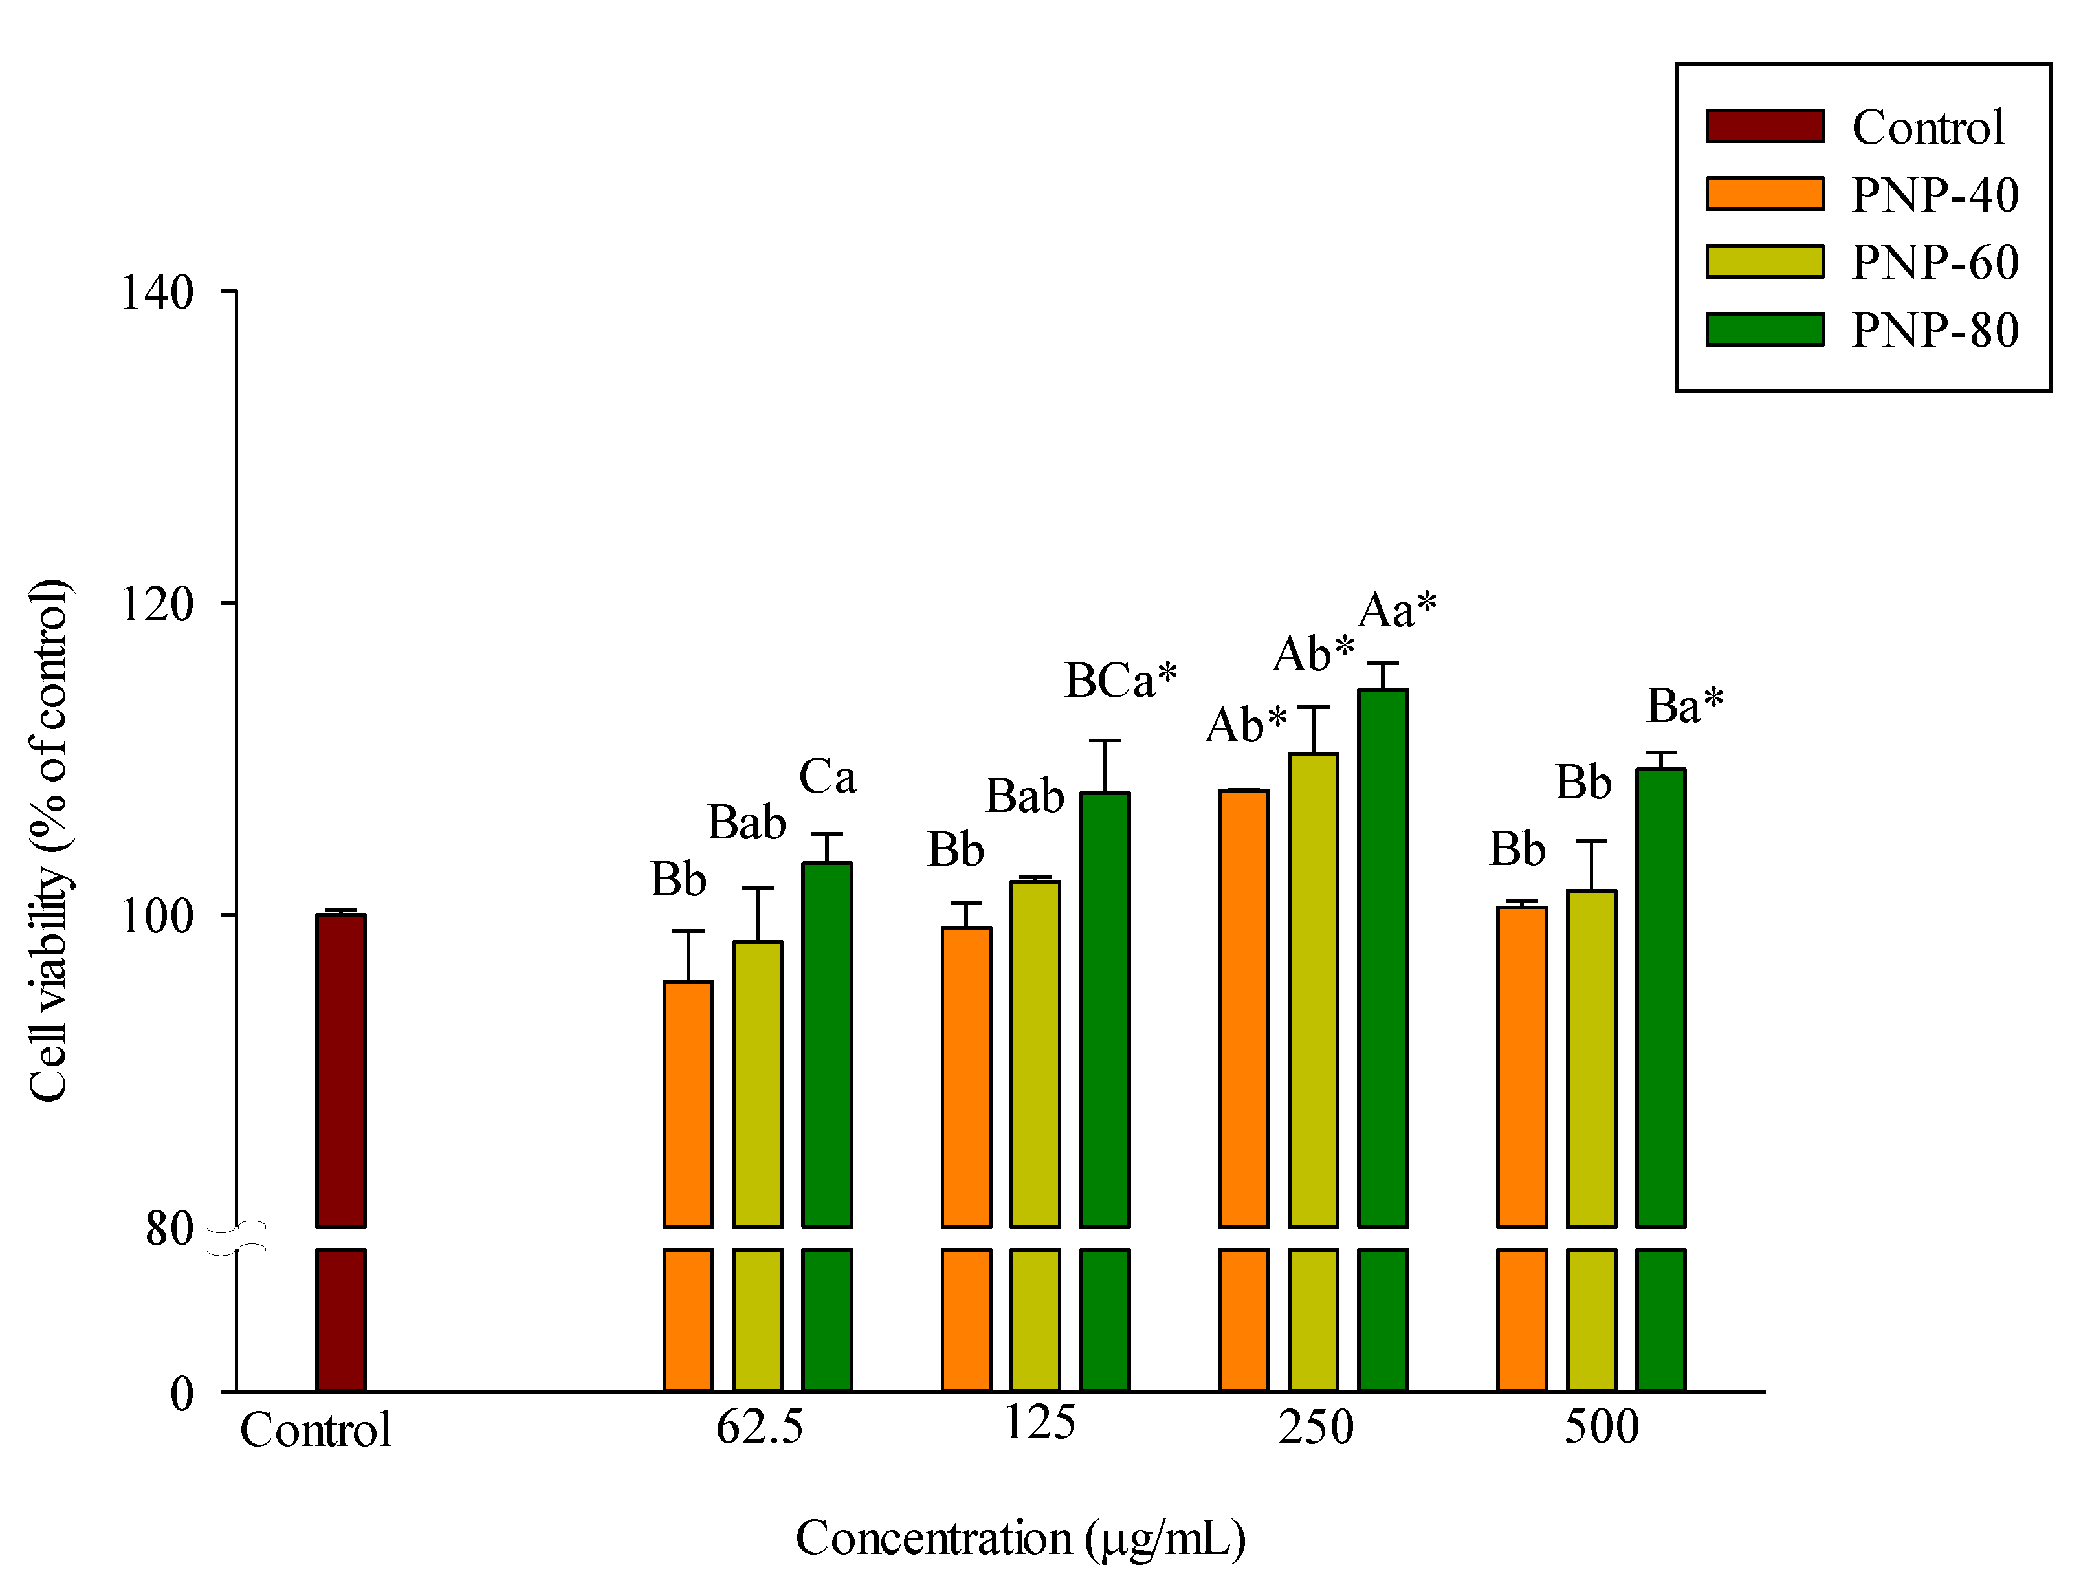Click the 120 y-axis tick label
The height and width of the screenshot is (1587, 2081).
click(x=157, y=604)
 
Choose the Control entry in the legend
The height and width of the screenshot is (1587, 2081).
click(x=1927, y=127)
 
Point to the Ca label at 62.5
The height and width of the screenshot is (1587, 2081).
click(x=828, y=778)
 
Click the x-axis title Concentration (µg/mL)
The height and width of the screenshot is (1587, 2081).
click(x=1020, y=1538)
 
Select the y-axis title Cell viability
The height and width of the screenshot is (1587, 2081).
click(x=49, y=841)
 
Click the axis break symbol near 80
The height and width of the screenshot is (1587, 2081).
click(x=236, y=1238)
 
